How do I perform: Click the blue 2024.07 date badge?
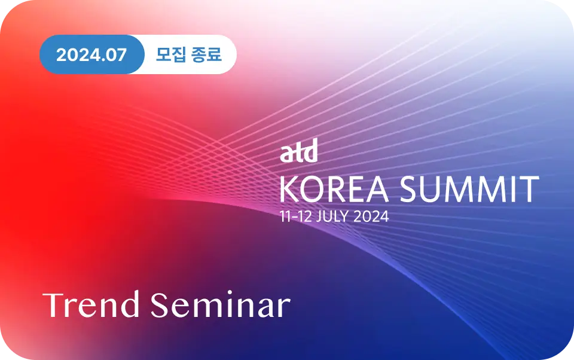91,54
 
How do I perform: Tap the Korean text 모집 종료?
188,54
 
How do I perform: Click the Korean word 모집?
171,54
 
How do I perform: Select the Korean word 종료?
207,54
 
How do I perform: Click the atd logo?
299,151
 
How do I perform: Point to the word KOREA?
334,189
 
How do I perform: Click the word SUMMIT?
469,189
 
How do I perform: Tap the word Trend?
91,304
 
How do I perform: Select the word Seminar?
221,304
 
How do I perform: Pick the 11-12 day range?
296,216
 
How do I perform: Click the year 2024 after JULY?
371,216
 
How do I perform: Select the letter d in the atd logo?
310,151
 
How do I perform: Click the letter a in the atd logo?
286,154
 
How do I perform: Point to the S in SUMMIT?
409,189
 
